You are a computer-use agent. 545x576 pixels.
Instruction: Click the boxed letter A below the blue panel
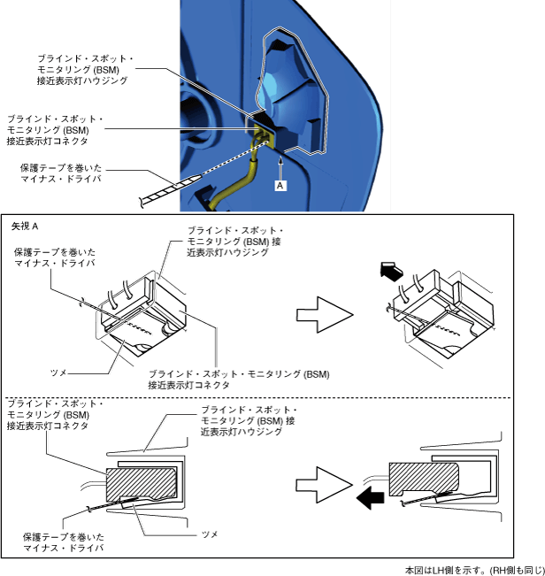point(280,186)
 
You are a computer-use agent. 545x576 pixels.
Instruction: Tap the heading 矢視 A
point(24,227)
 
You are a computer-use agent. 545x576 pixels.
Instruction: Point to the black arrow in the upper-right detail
point(390,270)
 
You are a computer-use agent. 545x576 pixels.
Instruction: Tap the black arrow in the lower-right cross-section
point(370,500)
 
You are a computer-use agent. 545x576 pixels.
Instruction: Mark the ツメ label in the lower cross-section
point(210,534)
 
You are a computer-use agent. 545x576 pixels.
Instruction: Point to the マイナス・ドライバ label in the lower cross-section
point(64,548)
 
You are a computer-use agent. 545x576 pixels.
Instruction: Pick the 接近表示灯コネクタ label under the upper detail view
point(189,385)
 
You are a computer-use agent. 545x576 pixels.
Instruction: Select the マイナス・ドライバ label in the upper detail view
point(54,263)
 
